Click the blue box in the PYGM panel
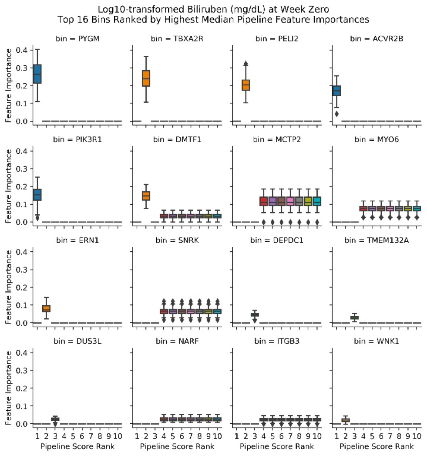(37, 77)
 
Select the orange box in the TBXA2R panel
(146, 78)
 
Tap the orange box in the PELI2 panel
(246, 85)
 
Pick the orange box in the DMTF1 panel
(146, 196)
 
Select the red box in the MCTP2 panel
(263, 201)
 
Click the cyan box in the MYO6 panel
(417, 209)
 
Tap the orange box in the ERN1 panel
(46, 308)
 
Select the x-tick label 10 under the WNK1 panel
(417, 436)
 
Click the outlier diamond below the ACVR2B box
(336, 114)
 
